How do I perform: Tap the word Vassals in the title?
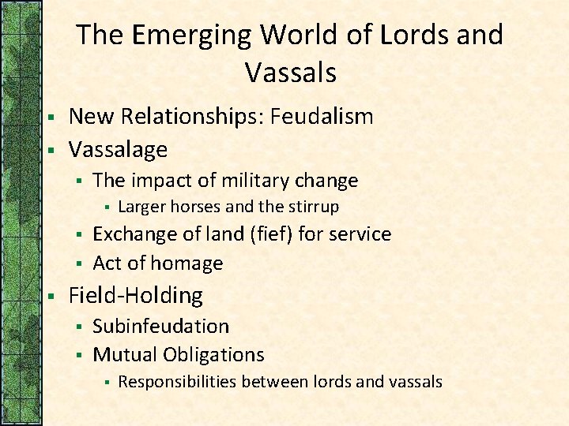click(x=291, y=73)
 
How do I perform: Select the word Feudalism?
click(x=322, y=117)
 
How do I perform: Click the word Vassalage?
click(x=119, y=149)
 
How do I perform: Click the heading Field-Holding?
click(x=136, y=296)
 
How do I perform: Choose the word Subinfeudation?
click(x=161, y=327)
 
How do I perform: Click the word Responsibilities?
click(x=177, y=383)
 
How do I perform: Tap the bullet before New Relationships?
click(x=50, y=118)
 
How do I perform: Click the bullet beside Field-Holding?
click(x=50, y=297)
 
